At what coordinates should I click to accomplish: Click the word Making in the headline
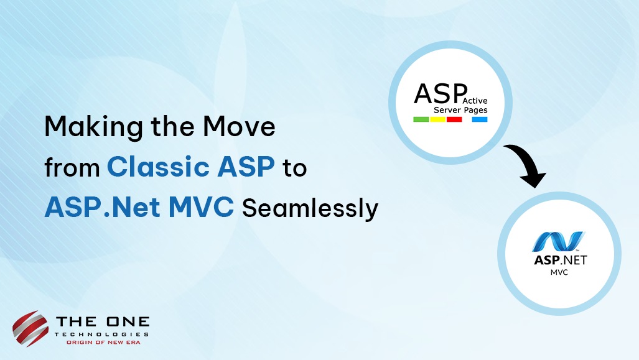[x=94, y=127]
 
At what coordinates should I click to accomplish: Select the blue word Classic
[x=158, y=167]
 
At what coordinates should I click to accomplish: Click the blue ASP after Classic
[x=246, y=167]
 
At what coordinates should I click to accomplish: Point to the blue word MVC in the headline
[x=202, y=207]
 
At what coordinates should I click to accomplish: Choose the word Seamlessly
[x=310, y=208]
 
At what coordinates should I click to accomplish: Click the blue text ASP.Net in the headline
[x=102, y=207]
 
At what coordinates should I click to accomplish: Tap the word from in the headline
[x=72, y=167]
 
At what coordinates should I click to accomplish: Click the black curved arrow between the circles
[x=529, y=161]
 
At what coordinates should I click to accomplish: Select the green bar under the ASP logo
[x=421, y=119]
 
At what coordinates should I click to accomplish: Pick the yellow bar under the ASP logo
[x=437, y=119]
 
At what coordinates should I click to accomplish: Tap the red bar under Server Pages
[x=454, y=119]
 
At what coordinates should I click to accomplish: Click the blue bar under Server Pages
[x=480, y=119]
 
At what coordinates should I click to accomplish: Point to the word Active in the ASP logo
[x=475, y=101]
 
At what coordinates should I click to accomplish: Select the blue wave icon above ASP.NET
[x=559, y=241]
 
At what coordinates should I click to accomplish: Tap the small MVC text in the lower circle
[x=559, y=272]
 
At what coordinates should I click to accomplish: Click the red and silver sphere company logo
[x=30, y=329]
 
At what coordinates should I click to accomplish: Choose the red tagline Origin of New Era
[x=103, y=343]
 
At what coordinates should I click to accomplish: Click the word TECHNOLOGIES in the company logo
[x=102, y=335]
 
